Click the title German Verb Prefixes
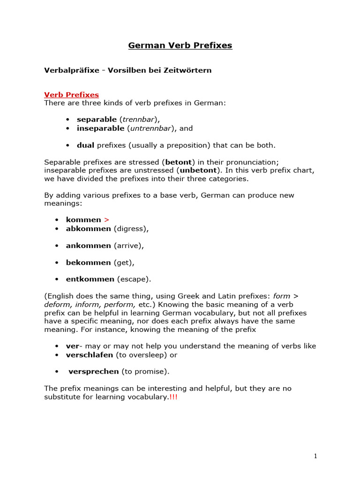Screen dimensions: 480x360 [x=180, y=45]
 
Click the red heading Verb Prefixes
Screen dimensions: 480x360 [x=71, y=95]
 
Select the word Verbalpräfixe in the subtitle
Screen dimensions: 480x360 [x=71, y=70]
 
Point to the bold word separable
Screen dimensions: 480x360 [x=97, y=120]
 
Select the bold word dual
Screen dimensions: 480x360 [x=86, y=145]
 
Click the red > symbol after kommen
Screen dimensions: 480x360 [x=106, y=220]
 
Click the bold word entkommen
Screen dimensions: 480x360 [x=90, y=279]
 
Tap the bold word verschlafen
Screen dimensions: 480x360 [x=90, y=355]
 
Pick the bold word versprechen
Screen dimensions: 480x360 [x=94, y=372]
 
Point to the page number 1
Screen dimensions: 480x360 [x=316, y=456]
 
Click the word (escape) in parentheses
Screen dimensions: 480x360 [x=134, y=279]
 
